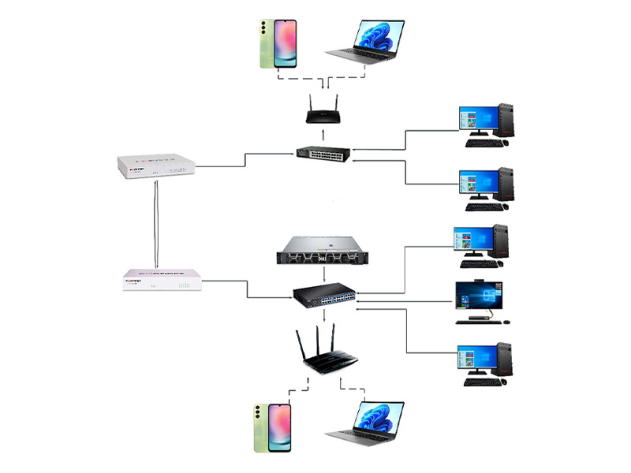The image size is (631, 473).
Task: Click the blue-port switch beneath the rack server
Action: [324, 296]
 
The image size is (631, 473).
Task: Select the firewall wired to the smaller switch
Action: [155, 166]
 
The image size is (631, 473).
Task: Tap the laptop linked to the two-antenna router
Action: [364, 41]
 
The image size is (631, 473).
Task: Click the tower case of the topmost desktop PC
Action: [507, 121]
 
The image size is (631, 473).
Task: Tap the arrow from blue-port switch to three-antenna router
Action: [324, 315]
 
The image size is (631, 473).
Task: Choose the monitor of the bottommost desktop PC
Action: [474, 359]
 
